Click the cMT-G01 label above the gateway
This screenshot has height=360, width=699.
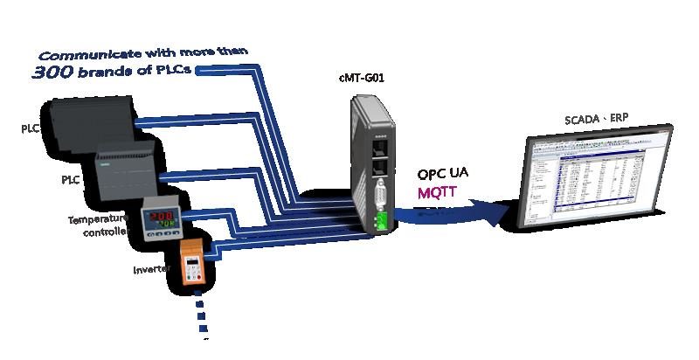[x=362, y=78]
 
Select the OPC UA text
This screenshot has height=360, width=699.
[x=442, y=173]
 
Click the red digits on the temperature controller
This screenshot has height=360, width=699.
[x=162, y=214]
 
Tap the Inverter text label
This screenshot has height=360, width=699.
[x=150, y=270]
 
